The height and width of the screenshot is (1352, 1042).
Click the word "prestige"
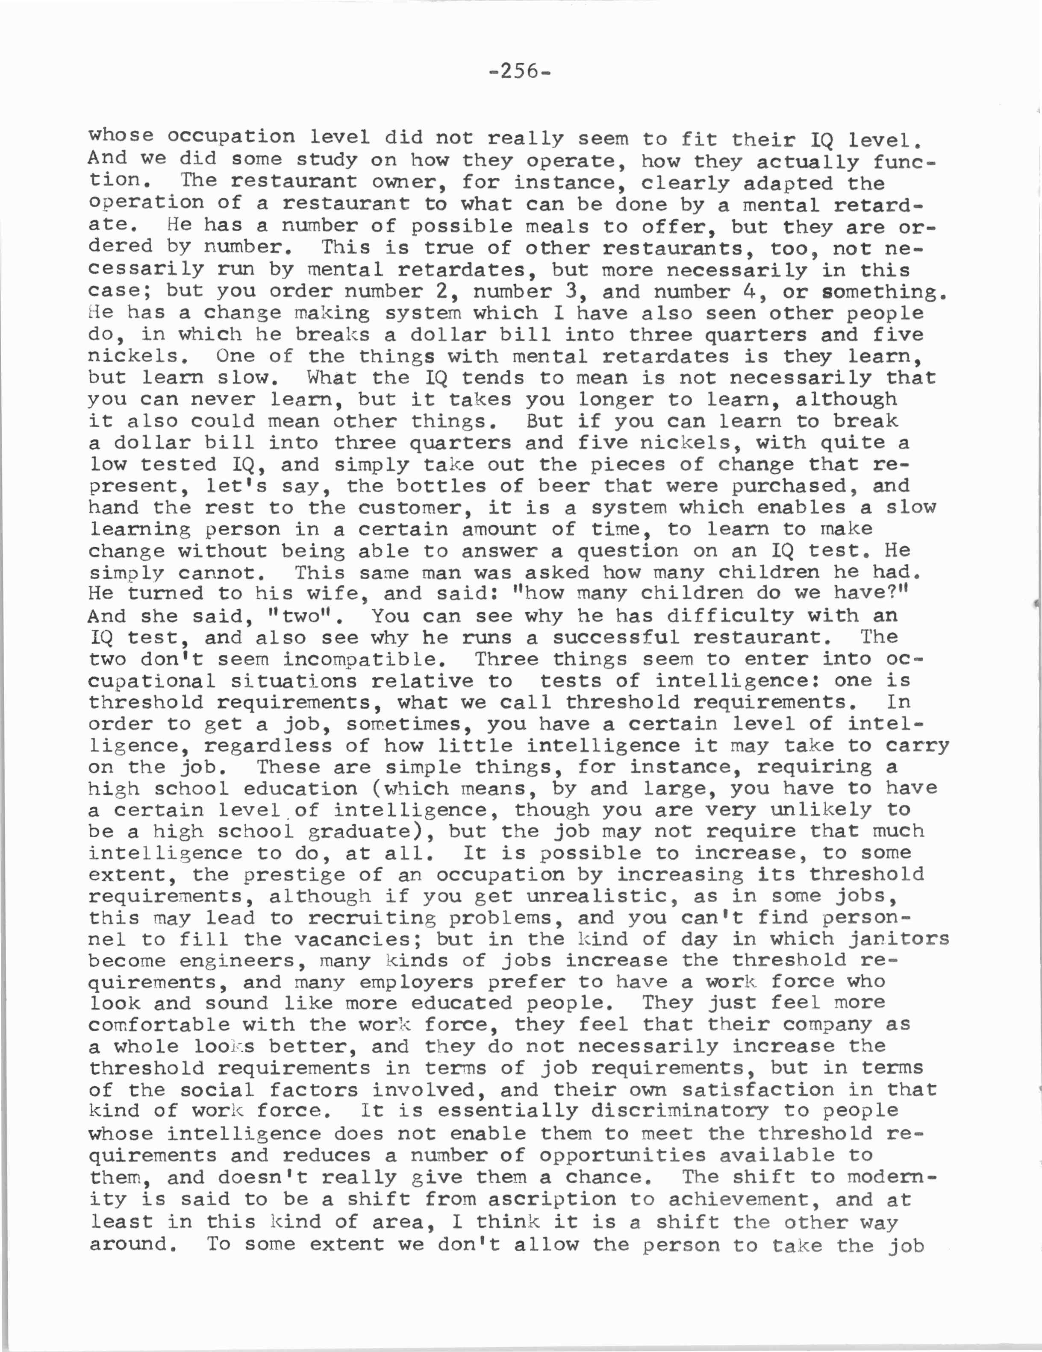[294, 875]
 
